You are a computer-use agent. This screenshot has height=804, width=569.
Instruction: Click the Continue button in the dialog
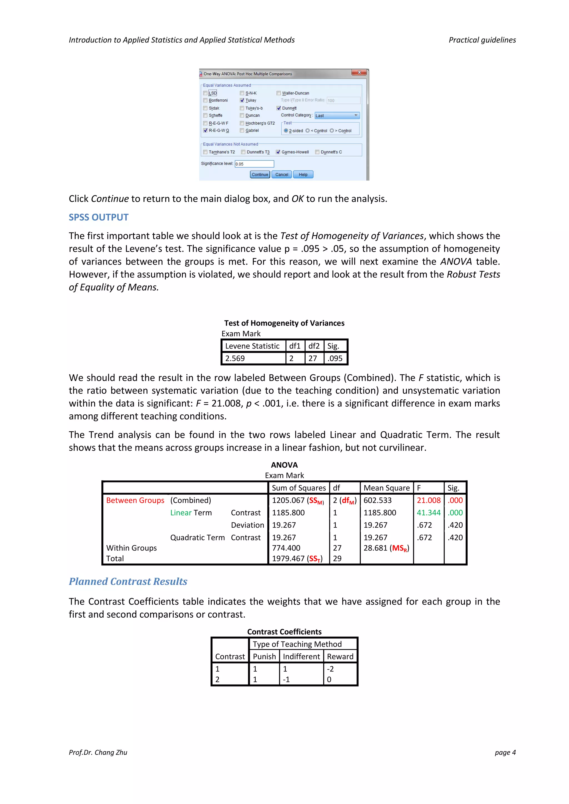(259, 174)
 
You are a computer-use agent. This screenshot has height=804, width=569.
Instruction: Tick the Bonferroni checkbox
(205, 101)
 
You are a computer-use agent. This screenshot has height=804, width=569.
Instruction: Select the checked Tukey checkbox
(242, 101)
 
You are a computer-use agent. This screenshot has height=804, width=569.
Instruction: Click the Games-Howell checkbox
(278, 152)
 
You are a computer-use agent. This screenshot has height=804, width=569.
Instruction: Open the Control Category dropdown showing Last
(337, 116)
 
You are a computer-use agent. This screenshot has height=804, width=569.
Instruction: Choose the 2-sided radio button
(286, 131)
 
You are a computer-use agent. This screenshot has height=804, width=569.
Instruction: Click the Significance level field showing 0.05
(254, 164)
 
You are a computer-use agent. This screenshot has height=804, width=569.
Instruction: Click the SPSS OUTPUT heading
(98, 217)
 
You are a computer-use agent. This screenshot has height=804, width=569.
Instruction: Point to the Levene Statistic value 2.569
(235, 358)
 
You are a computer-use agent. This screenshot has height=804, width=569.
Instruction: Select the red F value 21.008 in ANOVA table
(428, 500)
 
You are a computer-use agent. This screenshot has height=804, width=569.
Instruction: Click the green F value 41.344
(428, 513)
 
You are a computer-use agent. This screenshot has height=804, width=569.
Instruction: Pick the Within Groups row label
(131, 548)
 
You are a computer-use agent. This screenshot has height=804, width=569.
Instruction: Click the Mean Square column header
(386, 488)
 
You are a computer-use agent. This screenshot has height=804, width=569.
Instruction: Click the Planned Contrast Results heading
(128, 582)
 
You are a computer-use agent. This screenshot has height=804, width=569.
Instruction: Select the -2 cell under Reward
(330, 669)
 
